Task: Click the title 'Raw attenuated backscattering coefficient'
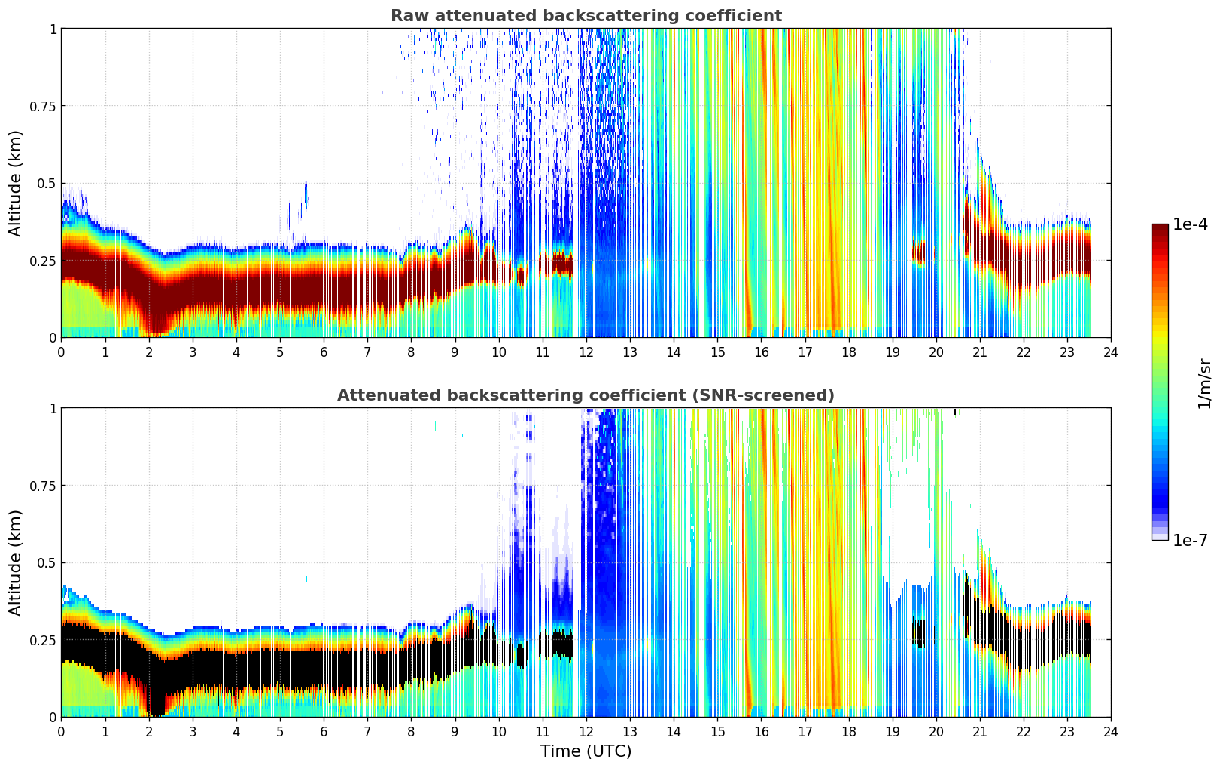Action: click(x=586, y=16)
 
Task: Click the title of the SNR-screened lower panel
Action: click(x=586, y=395)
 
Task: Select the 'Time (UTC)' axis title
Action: click(x=586, y=751)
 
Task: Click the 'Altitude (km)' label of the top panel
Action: click(x=16, y=183)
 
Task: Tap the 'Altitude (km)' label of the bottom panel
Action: click(x=16, y=562)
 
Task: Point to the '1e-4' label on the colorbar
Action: click(x=1190, y=224)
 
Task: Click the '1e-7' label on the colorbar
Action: click(x=1190, y=540)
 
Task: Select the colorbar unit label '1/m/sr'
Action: click(x=1203, y=384)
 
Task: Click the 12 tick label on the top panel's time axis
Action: click(x=586, y=352)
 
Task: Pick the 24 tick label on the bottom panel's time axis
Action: click(x=1110, y=731)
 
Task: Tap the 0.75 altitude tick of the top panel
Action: click(x=44, y=106)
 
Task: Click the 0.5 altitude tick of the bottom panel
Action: click(x=47, y=562)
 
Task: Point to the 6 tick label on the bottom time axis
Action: click(x=324, y=731)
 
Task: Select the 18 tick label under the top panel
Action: click(x=848, y=352)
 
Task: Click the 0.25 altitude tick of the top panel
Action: click(x=44, y=261)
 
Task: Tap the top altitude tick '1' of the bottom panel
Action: click(x=53, y=409)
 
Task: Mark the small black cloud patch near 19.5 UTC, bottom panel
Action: click(x=917, y=631)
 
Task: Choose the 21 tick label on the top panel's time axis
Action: click(x=979, y=352)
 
